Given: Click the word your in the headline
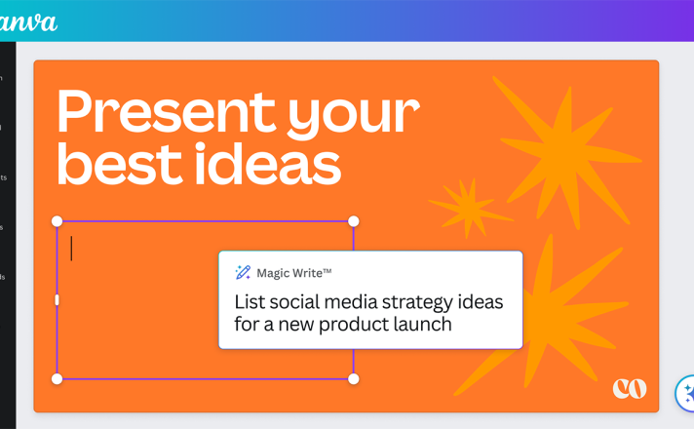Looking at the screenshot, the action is pos(354,116).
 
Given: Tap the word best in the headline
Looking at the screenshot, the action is pos(120,164).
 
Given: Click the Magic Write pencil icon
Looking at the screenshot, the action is pos(243,272).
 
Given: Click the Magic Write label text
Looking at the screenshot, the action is pos(294,273).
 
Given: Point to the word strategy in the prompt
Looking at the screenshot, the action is pos(417,303).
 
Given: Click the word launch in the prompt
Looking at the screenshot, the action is pos(422,324).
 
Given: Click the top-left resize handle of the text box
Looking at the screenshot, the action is pos(58,221).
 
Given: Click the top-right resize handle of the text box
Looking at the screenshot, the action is pos(353,221).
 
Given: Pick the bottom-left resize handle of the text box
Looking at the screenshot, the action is pos(58,378).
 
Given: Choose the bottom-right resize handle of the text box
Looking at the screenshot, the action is pos(353,378).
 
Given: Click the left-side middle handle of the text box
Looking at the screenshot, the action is pos(57,299).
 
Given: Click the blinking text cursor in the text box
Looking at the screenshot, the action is pos(71,249).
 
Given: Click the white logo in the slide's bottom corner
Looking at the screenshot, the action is pos(630,388).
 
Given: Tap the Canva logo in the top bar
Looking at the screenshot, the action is pos(27,22).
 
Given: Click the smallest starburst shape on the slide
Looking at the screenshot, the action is pos(471,207).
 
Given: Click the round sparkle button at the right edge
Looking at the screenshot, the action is pos(685,394).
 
